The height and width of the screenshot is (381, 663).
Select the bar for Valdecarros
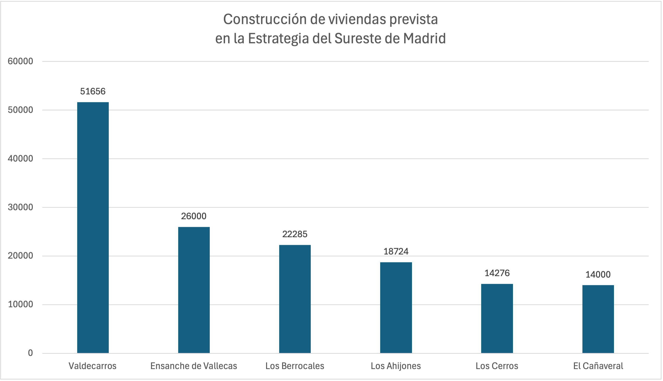point(93,227)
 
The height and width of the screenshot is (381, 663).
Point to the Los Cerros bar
point(497,319)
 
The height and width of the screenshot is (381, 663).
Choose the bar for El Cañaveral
point(598,319)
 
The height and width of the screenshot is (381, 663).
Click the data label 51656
point(93,91)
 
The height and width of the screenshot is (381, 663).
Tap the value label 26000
point(193,216)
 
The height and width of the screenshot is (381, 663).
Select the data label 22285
point(295,234)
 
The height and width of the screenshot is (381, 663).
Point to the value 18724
point(396,251)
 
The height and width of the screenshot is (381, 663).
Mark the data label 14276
point(497,273)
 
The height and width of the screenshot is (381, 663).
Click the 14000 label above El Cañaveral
point(598,275)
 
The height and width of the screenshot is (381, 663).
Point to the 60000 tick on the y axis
point(20,61)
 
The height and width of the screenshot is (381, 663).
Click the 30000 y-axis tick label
point(20,207)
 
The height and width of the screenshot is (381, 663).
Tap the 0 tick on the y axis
point(30,353)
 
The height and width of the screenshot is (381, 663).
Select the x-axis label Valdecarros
point(92,366)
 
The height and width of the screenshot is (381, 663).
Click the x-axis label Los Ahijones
point(396,366)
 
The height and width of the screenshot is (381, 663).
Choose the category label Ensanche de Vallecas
point(193,366)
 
